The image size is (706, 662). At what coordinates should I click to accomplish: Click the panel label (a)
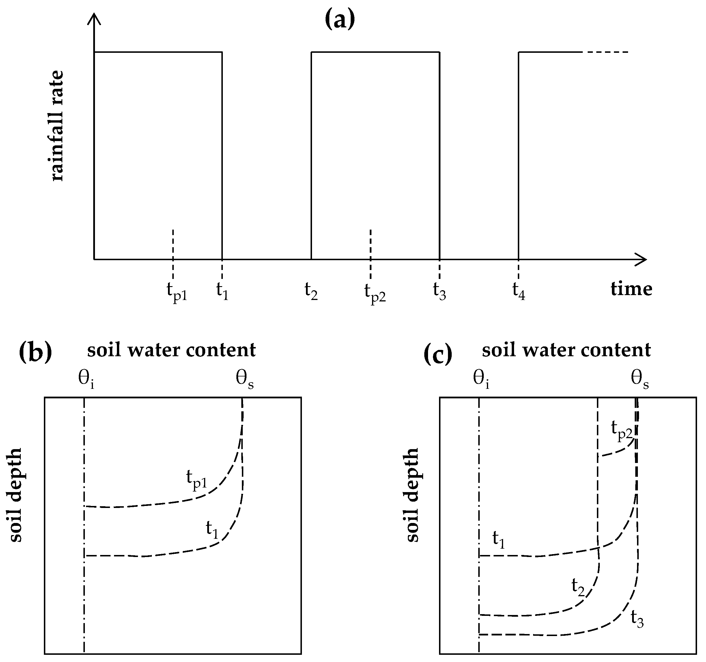[339, 20]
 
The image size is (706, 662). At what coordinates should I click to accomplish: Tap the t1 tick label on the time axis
[222, 291]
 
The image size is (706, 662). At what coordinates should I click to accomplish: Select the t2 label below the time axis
[311, 291]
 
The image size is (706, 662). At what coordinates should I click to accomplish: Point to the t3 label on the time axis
[439, 291]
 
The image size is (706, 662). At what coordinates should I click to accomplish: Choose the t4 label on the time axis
[518, 291]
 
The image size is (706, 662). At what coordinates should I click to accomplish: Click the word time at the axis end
[631, 289]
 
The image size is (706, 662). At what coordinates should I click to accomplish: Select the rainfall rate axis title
[57, 126]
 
